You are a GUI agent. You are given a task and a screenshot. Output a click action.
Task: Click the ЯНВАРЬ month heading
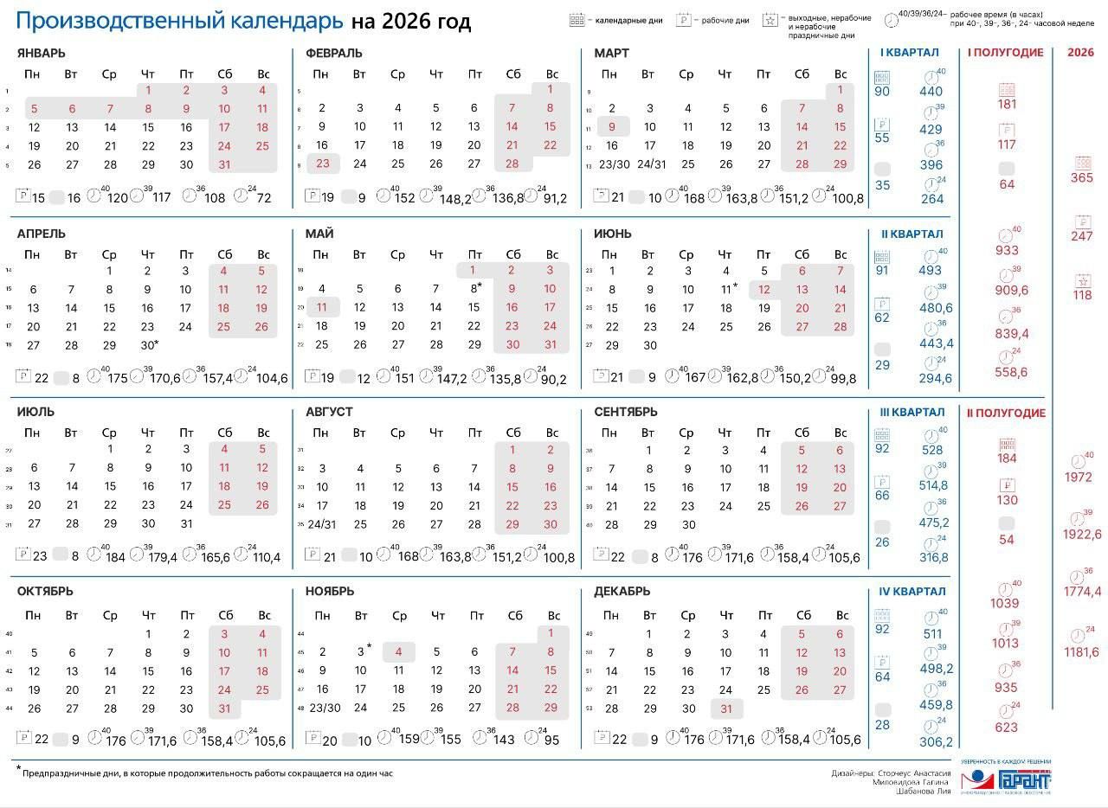coord(41,53)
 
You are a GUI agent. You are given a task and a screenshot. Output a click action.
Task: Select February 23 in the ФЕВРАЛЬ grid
coord(322,164)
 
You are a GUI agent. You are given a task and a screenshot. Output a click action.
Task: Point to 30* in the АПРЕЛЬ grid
coord(150,345)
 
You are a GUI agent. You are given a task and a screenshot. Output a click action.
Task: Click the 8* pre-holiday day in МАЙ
coord(475,288)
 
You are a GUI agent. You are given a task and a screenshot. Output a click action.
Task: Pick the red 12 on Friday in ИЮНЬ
coord(763,289)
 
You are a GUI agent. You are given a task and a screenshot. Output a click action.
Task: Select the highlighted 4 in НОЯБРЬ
coord(399,651)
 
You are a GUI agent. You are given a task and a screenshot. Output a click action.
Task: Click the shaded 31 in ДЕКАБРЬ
coord(726,708)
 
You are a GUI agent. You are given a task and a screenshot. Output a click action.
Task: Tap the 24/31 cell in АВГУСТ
coord(322,523)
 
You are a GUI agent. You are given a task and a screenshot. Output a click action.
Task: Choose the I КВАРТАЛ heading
coord(909,53)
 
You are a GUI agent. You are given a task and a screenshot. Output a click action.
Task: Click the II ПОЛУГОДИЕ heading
coord(1006,413)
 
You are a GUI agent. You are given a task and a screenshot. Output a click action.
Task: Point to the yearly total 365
coord(1081,178)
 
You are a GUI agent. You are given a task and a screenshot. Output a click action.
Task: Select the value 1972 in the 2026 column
coord(1079,478)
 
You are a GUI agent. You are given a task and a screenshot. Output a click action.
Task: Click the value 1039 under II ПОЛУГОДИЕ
coord(1006,604)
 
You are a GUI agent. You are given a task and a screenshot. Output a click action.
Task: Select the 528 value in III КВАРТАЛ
coord(931,450)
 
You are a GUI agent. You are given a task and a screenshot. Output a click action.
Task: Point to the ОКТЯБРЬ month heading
coord(45,592)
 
